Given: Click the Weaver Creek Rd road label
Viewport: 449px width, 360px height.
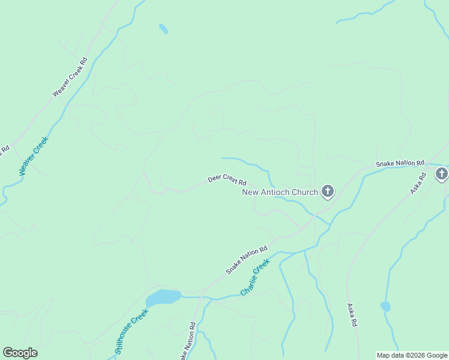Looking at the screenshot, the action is [70, 77].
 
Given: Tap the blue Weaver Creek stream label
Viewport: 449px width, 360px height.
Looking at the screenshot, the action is [33, 156].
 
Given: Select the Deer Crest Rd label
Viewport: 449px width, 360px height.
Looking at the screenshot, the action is [227, 179].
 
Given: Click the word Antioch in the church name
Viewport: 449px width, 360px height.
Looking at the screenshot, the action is [281, 192].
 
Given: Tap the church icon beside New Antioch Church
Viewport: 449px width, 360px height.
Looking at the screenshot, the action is [327, 191].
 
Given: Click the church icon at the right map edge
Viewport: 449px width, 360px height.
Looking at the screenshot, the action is [442, 174].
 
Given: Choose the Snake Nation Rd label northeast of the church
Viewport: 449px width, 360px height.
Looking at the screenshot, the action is [400, 163].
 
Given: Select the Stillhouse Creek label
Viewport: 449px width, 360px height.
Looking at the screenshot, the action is [131, 331].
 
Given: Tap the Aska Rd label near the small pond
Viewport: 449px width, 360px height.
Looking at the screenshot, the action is [352, 314].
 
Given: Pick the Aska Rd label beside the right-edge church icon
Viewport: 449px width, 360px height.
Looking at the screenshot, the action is [418, 182].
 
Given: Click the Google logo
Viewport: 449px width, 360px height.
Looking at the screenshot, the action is [20, 353].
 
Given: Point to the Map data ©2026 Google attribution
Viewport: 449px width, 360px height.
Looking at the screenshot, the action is [412, 355].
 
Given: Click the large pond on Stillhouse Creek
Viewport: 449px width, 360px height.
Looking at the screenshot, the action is [163, 296].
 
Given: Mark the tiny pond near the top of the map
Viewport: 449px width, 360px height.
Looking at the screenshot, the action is [163, 28].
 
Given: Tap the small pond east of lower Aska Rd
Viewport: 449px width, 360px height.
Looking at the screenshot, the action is [385, 307].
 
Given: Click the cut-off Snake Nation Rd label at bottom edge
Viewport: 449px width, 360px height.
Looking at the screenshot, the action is [188, 343].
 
